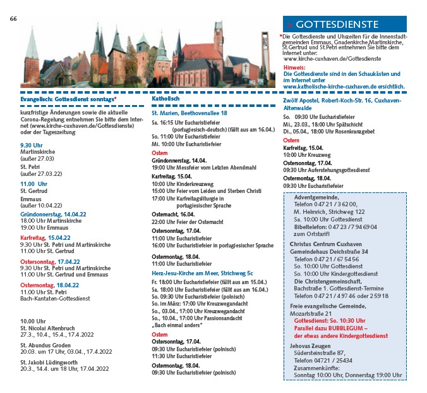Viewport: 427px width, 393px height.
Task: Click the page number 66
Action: [x=13, y=18]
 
